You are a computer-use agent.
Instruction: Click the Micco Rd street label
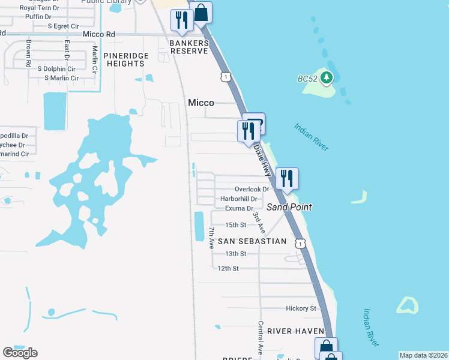pos(99,34)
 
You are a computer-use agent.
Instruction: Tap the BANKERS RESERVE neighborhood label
pos(188,47)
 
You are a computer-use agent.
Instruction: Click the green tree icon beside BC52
pos(326,77)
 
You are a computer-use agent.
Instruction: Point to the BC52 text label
pos(307,79)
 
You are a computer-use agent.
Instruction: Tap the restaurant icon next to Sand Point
pos(286,178)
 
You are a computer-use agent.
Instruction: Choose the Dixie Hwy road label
pos(263,159)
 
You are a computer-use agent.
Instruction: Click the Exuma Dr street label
pos(239,208)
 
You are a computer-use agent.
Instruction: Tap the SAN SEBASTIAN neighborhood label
pos(252,241)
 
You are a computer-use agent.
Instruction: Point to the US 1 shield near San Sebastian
pos(300,242)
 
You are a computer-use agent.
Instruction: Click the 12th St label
pos(228,268)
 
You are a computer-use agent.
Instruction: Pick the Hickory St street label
pos(301,308)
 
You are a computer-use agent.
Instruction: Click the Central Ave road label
pos(260,337)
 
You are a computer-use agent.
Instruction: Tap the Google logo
pos(20,353)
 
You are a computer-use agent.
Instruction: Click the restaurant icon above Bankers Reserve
pos(181,20)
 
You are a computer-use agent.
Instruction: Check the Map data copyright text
pos(424,355)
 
